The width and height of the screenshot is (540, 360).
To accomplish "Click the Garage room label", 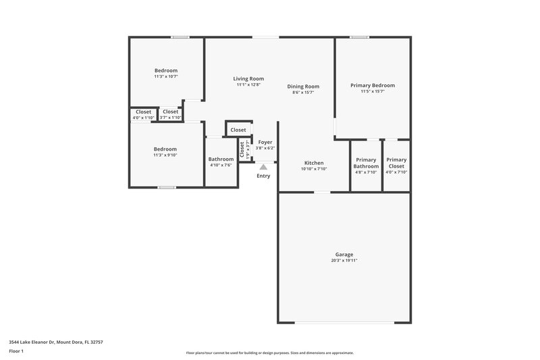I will click(344, 254).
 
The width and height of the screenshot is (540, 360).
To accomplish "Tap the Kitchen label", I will click(314, 163).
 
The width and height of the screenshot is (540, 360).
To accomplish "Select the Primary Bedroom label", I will click(372, 85).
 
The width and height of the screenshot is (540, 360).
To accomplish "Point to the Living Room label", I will click(248, 78).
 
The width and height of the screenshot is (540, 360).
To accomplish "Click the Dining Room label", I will click(303, 86).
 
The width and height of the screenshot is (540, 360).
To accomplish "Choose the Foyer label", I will click(265, 143).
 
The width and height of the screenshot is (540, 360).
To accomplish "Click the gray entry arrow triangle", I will click(263, 165).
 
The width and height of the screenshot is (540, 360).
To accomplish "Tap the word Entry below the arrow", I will click(263, 176).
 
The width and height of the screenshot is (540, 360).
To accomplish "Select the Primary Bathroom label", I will click(366, 163).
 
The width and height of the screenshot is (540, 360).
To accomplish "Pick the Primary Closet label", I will click(396, 163).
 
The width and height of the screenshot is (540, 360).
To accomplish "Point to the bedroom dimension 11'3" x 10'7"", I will click(165, 77).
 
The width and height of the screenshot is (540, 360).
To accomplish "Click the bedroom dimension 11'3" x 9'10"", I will click(165, 155).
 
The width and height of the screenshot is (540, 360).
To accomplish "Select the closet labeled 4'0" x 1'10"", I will click(143, 118).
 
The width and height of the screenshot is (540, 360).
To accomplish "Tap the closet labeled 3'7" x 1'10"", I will click(170, 118).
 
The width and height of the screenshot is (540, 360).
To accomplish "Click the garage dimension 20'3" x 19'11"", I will click(344, 260).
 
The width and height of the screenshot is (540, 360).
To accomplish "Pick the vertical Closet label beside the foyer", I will click(242, 149).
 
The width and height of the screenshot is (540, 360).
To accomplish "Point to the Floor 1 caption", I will click(17, 352).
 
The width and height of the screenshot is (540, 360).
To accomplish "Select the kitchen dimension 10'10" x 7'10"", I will click(314, 169).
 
